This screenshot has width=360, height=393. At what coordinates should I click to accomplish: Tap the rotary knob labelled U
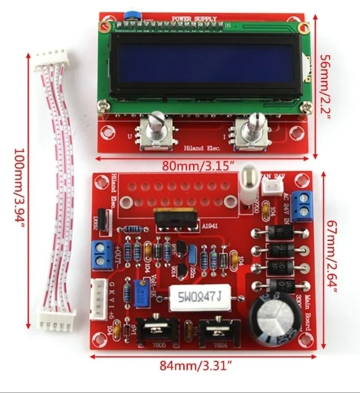coord(156,129)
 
